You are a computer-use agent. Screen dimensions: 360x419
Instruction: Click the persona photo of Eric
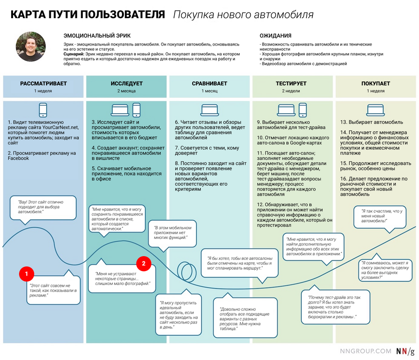pos(31,49)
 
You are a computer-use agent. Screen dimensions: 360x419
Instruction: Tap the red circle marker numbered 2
pos(143,264)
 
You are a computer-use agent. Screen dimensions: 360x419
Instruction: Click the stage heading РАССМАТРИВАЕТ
pos(43,83)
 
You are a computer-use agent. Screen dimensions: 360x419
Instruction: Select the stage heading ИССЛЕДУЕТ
pos(127,83)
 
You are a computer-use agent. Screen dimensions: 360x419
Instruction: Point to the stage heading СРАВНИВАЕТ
pos(209,83)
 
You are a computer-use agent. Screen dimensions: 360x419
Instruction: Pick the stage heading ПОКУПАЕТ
pos(376,83)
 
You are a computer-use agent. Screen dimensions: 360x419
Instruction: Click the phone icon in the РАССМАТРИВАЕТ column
pos(43,110)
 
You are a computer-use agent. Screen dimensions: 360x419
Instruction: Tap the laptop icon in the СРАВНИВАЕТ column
pos(209,110)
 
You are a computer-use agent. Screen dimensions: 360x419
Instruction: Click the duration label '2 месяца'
pos(127,91)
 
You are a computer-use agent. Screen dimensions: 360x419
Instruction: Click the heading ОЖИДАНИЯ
pos(276,35)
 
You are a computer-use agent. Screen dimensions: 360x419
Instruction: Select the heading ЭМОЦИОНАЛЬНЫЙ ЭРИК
pos(97,35)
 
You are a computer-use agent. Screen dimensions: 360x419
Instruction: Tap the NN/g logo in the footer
pos(405,352)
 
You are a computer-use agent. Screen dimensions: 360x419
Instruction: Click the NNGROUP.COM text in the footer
pos(365,352)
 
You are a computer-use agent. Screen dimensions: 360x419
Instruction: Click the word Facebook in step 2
pos(18,158)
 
